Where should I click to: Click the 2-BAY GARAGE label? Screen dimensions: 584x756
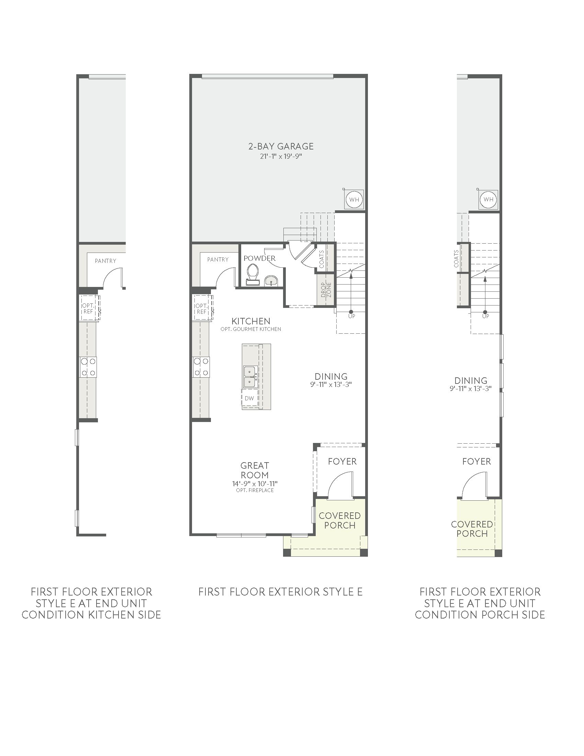click(x=281, y=146)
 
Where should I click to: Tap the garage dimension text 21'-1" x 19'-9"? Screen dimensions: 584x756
click(x=281, y=156)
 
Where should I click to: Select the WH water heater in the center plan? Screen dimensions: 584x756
click(x=354, y=200)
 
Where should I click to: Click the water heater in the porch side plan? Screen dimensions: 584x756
click(x=488, y=200)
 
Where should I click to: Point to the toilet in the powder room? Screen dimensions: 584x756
click(x=252, y=275)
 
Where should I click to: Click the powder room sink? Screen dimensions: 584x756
click(x=271, y=281)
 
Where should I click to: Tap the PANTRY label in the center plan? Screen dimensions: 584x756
click(x=218, y=259)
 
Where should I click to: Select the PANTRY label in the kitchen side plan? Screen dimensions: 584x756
click(x=105, y=261)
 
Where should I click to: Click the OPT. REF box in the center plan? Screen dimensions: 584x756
click(x=202, y=309)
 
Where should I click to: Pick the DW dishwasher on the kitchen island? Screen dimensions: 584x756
click(x=249, y=398)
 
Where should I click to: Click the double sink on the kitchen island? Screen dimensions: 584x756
click(x=249, y=377)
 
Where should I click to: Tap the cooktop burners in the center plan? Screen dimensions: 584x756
click(x=201, y=367)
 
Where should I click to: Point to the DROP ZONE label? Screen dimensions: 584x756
click(x=326, y=290)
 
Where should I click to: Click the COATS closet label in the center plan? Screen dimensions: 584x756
click(x=322, y=259)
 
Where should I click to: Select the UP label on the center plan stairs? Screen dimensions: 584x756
click(x=351, y=316)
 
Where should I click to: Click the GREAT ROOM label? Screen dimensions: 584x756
click(x=255, y=470)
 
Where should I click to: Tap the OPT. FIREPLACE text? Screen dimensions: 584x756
click(x=255, y=490)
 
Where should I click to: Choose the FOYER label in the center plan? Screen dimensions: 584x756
click(x=342, y=462)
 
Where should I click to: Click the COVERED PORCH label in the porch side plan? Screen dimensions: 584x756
click(x=472, y=529)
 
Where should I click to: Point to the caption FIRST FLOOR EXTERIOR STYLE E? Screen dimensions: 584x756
click(x=281, y=592)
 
